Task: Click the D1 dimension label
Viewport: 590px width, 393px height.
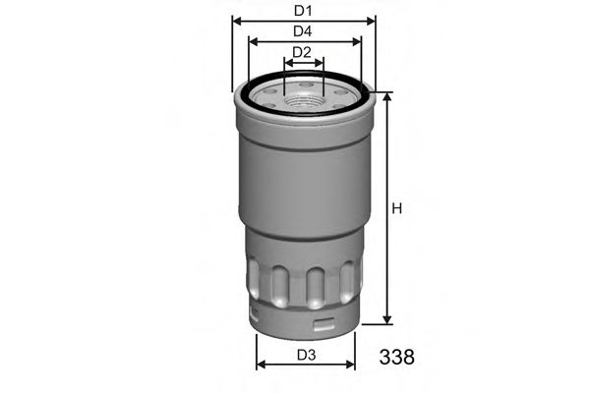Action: coord(304,11)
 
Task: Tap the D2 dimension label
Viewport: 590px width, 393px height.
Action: coord(302,52)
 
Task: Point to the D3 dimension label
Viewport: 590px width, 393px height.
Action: coord(305,355)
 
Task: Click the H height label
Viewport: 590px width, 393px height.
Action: coord(397,208)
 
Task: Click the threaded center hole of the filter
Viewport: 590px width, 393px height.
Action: coord(303,94)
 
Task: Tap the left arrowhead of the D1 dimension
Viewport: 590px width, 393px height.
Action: coord(236,21)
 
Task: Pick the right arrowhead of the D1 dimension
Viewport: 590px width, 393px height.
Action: coord(373,21)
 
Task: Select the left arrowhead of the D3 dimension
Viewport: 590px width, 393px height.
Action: coord(259,366)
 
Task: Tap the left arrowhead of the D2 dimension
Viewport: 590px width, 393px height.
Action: coord(287,63)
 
